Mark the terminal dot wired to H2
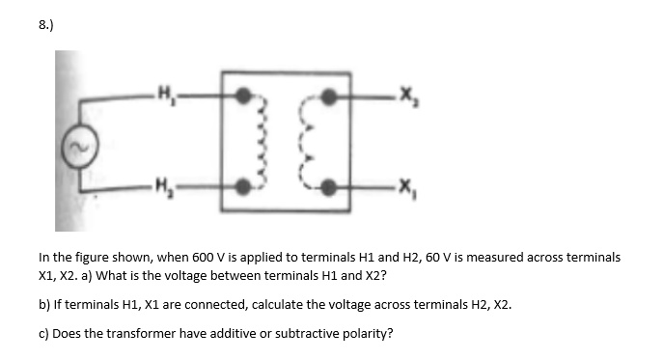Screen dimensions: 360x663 point(246,187)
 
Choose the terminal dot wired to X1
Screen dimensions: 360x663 point(331,187)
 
